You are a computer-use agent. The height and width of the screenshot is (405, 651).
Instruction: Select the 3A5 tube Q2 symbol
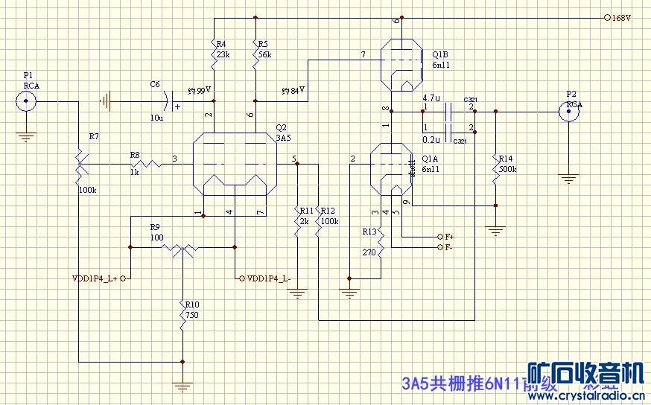coord(234,165)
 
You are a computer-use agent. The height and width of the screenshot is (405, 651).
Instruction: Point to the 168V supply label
coord(621,17)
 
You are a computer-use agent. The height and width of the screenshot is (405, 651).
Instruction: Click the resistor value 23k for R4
coord(223,54)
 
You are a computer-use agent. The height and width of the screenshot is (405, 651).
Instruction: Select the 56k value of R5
coord(265,54)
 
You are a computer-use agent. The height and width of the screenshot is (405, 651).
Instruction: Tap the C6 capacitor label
coord(155,85)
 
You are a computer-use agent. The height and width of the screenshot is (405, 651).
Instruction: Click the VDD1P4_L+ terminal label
coord(95,278)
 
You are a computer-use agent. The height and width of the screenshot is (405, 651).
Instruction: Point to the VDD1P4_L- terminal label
coord(269,278)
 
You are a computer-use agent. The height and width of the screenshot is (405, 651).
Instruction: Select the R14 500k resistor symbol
coord(495,171)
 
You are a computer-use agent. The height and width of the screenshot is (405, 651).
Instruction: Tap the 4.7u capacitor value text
coord(431,98)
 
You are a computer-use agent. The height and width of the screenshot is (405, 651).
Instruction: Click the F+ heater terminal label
coord(449,236)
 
